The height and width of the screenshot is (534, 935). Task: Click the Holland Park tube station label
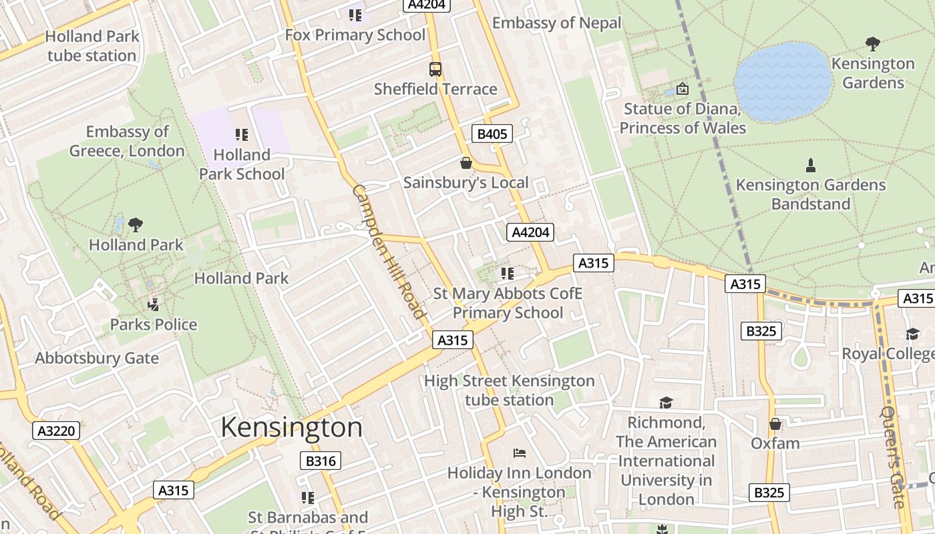tap(91, 46)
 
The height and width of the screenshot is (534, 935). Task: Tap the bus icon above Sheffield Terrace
tap(435, 69)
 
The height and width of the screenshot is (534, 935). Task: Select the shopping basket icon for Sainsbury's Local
tap(466, 163)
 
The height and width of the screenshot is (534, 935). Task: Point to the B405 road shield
tap(492, 133)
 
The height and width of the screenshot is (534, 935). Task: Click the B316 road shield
tap(321, 461)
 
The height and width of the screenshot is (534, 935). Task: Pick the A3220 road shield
tap(56, 431)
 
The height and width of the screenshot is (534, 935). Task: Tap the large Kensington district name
tap(291, 427)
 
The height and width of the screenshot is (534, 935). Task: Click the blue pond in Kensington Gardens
tap(783, 82)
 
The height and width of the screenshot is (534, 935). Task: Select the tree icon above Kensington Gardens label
tap(872, 44)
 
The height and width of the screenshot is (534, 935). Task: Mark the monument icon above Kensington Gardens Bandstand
tap(811, 165)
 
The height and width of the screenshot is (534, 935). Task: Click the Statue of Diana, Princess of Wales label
tap(683, 118)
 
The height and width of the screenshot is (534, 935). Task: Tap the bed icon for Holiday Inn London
tap(520, 453)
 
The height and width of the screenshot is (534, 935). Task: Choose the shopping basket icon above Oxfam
tap(775, 424)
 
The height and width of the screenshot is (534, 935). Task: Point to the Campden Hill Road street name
tap(389, 252)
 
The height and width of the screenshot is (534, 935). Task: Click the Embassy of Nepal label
tap(556, 23)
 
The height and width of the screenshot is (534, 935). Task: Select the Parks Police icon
tap(154, 305)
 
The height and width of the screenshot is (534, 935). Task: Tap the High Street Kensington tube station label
tap(509, 390)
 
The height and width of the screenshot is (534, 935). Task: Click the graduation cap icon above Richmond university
tap(666, 403)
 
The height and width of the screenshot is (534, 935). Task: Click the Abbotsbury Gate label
tap(97, 358)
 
